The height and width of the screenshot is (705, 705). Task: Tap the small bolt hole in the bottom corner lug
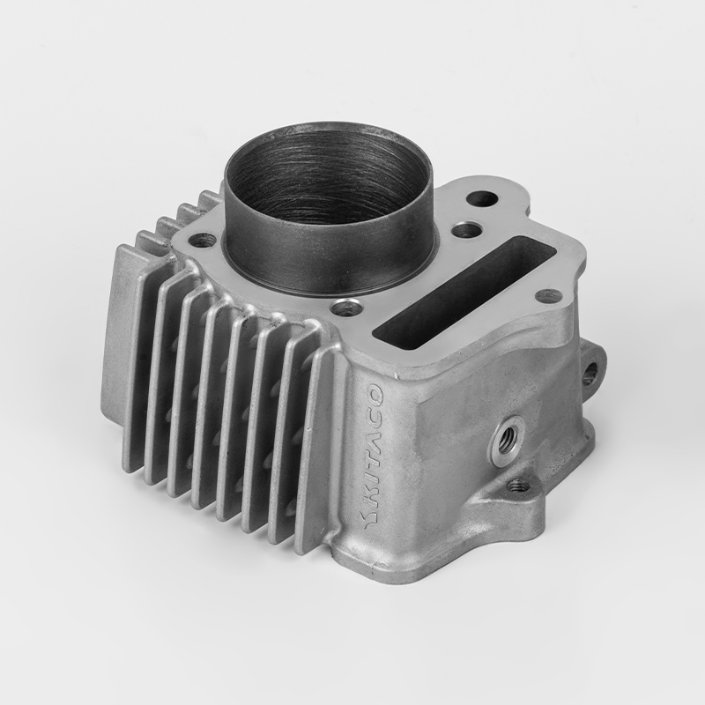pos(519,485)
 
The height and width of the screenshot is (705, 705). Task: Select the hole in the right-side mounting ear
pos(589,374)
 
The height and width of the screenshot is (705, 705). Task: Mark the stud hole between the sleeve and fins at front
pos(348,308)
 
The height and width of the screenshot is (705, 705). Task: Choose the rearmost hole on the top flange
pos(481,200)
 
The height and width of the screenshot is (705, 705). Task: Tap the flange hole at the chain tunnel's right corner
pos(548,295)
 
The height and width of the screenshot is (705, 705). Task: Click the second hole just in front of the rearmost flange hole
pos(466,230)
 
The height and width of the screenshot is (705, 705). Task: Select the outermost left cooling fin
pos(123,352)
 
